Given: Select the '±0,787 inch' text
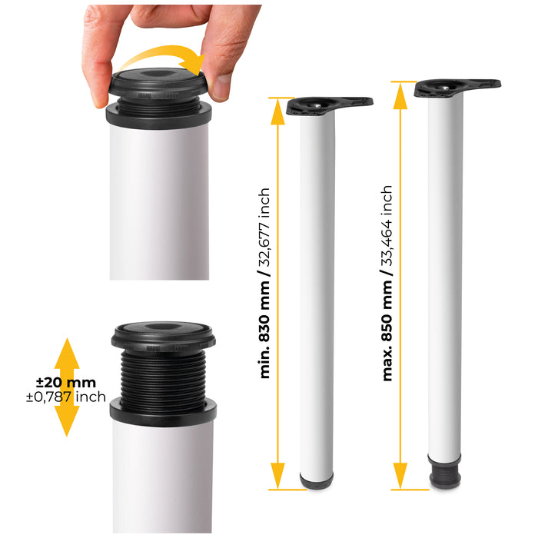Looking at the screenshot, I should pos(65,397).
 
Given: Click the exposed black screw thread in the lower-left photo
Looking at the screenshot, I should pos(162,376).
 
